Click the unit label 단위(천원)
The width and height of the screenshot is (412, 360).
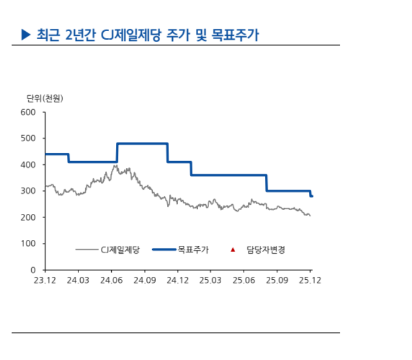click(x=44, y=98)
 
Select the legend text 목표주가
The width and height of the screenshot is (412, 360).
click(x=193, y=249)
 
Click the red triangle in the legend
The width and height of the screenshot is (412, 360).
click(x=232, y=249)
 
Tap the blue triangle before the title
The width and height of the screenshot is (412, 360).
click(x=25, y=35)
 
